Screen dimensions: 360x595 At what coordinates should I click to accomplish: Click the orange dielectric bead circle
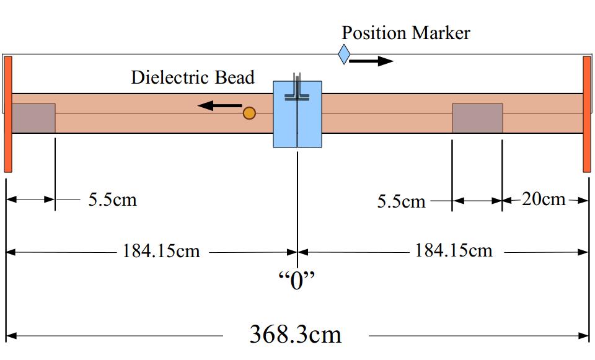249,113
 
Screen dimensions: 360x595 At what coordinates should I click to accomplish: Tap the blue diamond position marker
344,55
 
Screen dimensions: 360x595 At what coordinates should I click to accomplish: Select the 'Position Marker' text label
406,32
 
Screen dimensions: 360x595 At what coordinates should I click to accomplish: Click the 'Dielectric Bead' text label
193,77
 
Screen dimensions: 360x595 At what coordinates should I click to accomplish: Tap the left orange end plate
8,114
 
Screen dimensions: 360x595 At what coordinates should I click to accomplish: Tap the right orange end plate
587,114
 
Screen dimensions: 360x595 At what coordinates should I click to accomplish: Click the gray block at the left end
33,118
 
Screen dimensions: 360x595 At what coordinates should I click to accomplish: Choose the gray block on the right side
477,118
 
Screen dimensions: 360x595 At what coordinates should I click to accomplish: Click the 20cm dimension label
544,199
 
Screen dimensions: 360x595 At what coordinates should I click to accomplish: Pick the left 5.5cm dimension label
112,200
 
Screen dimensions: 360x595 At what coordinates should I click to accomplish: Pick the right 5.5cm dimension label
402,201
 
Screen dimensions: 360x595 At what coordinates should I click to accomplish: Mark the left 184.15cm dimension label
161,251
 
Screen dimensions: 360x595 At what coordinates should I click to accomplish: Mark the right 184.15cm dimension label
454,250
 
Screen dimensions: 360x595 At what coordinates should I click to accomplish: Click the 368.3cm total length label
295,335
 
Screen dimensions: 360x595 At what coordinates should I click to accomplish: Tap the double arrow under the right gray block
477,201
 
